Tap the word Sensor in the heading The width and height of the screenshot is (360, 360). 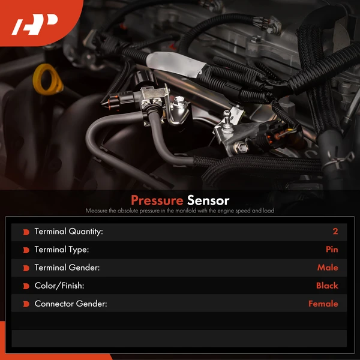[208, 200]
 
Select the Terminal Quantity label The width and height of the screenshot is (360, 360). [68, 232]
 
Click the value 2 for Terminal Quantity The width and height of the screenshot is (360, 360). [335, 232]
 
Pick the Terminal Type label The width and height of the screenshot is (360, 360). [61, 250]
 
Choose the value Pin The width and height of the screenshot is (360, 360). [332, 250]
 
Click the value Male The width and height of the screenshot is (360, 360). [328, 268]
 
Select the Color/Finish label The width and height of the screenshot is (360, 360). [59, 286]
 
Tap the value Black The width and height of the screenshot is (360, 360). [327, 286]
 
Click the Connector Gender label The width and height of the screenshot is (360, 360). [71, 304]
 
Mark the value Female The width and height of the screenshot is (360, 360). [323, 304]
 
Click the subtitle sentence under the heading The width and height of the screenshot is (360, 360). [180, 211]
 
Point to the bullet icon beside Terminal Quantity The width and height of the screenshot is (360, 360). [26, 232]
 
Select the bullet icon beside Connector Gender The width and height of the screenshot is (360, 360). [26, 304]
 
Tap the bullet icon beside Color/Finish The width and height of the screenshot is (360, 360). [26, 286]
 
